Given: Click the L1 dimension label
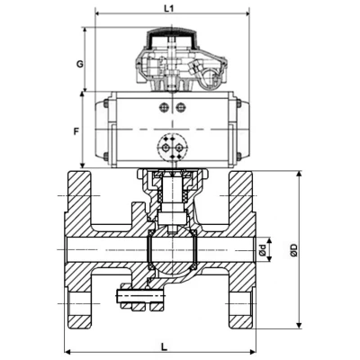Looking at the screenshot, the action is click(x=169, y=8).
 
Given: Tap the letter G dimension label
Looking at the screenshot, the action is click(x=79, y=64).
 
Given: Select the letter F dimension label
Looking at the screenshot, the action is click(x=76, y=131).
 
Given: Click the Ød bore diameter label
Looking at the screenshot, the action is click(x=263, y=249).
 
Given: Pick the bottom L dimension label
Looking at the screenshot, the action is click(x=164, y=347).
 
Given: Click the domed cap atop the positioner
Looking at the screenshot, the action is click(x=172, y=38).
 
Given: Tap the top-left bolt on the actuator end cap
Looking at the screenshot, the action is click(x=105, y=103).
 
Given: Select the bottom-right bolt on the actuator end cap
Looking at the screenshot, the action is click(x=238, y=156).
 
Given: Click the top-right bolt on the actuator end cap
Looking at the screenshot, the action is click(x=238, y=103).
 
